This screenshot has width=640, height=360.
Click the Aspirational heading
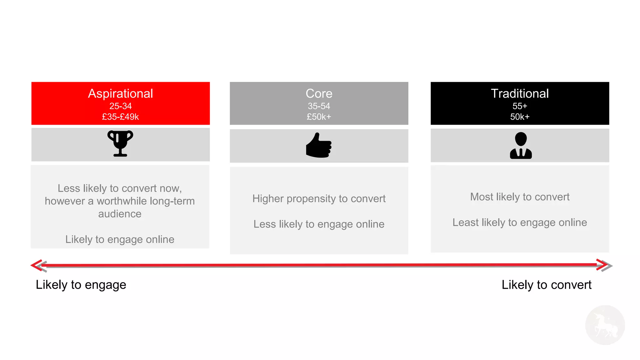120,93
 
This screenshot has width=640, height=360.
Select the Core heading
319,93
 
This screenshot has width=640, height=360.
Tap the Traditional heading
520,93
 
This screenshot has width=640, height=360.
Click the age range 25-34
120,106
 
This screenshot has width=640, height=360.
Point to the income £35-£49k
120,117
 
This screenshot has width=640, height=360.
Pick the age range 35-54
319,106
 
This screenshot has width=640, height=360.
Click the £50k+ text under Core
319,117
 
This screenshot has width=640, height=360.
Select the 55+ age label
520,106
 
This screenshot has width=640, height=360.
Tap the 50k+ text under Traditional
520,117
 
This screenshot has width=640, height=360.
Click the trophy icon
120,143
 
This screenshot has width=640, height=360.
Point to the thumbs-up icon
318,145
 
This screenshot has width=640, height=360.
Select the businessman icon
521,145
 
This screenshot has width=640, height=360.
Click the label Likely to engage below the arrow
81,285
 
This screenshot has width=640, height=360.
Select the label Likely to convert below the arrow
546,285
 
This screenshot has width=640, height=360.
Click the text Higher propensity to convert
319,198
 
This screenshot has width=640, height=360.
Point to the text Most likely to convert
520,197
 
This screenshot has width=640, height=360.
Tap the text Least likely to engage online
520,222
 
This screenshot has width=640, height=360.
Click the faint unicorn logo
605,325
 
